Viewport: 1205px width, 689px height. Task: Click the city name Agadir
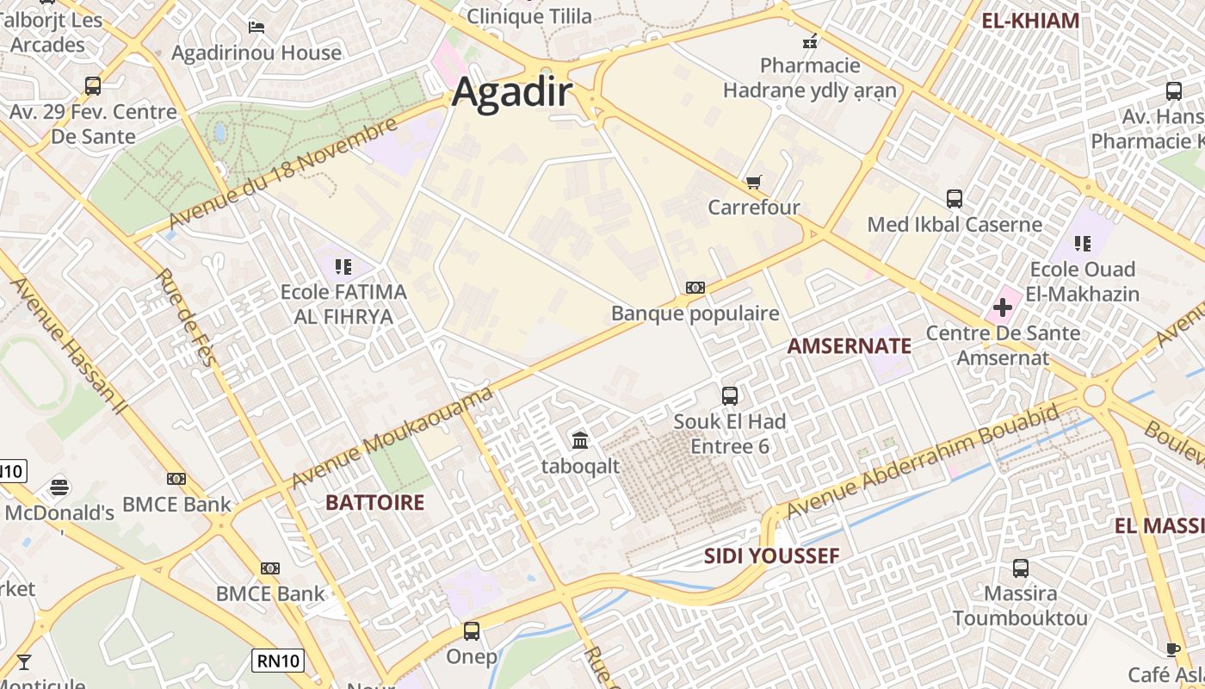pos(511,91)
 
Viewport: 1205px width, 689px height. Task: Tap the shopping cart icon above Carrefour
pos(754,182)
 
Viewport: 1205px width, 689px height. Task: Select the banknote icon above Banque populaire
pos(695,288)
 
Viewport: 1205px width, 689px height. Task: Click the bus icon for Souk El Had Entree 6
pos(730,396)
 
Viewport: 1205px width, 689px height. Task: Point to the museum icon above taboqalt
pos(580,441)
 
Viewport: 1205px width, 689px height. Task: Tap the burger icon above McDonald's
pos(59,487)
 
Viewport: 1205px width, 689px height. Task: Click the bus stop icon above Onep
pos(472,631)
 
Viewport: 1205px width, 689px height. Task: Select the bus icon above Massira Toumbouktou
pos(1021,568)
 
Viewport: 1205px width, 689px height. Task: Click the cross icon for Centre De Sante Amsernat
pos(1003,307)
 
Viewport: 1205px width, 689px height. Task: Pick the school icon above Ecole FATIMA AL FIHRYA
pos(343,267)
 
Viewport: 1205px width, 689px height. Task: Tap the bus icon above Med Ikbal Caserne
pos(955,199)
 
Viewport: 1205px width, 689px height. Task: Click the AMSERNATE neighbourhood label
pos(849,346)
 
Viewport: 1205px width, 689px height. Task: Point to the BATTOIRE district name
pos(374,502)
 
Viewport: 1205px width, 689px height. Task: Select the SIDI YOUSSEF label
pos(771,556)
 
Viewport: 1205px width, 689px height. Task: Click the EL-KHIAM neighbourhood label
pos(1030,21)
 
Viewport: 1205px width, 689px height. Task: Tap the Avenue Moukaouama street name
pos(392,438)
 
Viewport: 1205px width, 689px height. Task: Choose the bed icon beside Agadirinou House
pos(256,28)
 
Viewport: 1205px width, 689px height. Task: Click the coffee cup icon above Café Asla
pos(1172,649)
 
